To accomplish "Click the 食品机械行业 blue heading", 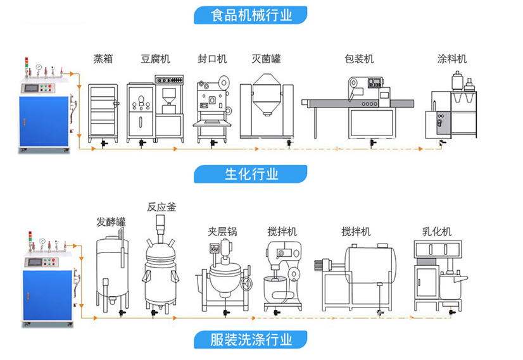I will [x=251, y=15].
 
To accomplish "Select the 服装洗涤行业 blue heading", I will [x=251, y=340].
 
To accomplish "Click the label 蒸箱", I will [x=103, y=59].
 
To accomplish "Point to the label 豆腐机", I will [x=155, y=59].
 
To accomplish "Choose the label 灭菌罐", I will [x=266, y=59].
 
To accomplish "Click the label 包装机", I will [x=359, y=59].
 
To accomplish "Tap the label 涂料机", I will [x=452, y=59].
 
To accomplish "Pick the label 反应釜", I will [x=161, y=207].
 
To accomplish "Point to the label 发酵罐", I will [x=111, y=222].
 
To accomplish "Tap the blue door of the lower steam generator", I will [x=44, y=294].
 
